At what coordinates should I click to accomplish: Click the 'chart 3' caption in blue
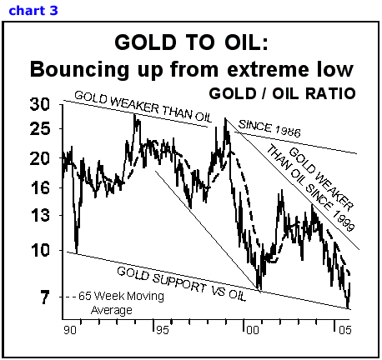33,11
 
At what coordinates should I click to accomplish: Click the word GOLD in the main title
145,42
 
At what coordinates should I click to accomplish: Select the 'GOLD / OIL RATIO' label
282,93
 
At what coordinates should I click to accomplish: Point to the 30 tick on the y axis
40,104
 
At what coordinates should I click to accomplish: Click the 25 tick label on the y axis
40,129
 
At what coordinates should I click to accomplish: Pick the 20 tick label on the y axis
40,158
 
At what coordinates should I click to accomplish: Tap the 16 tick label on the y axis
40,188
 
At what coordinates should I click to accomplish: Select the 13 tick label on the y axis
40,216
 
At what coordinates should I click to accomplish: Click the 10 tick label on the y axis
40,250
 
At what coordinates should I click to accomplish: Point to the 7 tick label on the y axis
44,297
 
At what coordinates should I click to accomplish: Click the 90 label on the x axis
69,330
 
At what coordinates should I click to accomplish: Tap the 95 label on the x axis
163,330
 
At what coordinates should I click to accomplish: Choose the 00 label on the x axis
253,330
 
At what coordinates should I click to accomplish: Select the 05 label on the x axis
345,330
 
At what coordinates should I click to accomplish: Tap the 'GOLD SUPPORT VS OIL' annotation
182,284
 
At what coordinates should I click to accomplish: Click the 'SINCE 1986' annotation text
269,128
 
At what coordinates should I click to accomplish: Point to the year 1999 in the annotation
344,221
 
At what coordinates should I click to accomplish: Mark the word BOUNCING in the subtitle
79,69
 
